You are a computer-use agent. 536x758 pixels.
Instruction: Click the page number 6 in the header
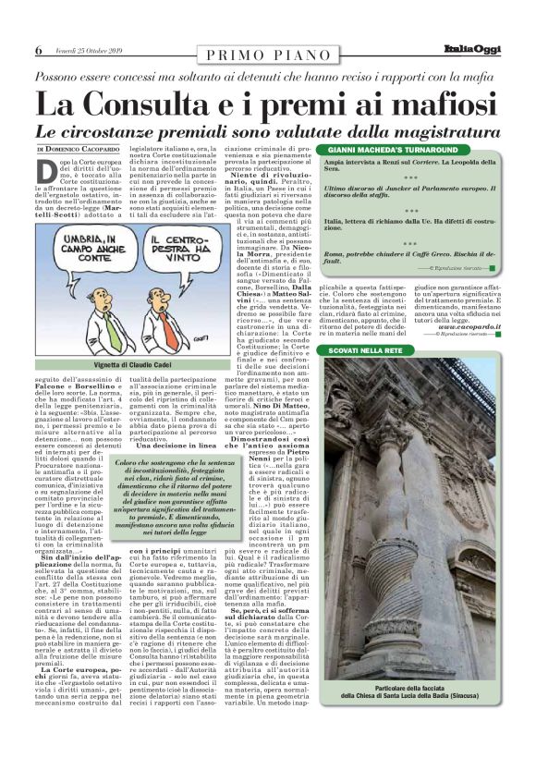pos(38,50)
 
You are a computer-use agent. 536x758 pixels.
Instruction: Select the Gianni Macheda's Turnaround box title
pos(388,150)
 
